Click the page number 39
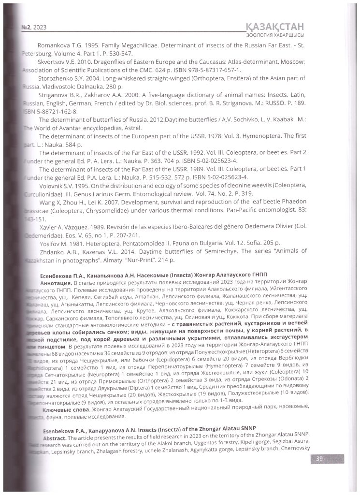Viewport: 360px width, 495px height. point(319,459)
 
